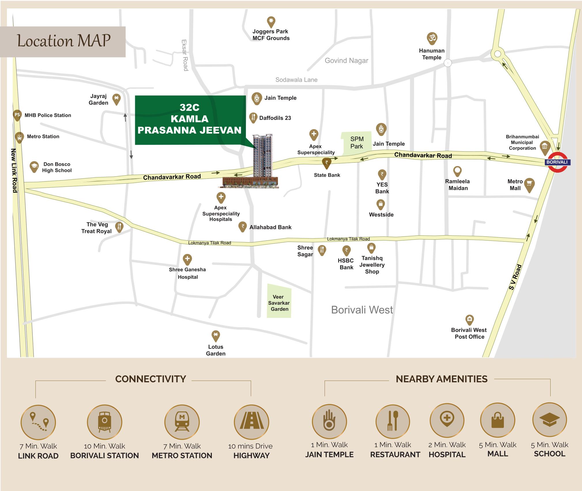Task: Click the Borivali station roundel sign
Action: point(557,162)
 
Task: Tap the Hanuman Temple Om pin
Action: point(432,38)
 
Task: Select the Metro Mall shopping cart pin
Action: point(529,184)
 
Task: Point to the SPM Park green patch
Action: point(356,143)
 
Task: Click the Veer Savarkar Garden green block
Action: point(279,301)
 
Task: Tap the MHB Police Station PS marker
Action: point(17,115)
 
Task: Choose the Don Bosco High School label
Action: point(57,167)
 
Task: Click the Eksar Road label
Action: point(185,55)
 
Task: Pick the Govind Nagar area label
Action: point(346,61)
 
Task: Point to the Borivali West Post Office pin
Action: point(469,319)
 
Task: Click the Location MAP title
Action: point(64,41)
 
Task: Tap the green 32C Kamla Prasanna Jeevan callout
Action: point(189,119)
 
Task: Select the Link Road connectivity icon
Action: point(38,422)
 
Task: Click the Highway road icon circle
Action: point(251,422)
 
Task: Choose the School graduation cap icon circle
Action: point(549,420)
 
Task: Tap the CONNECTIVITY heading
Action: point(150,379)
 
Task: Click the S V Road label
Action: point(515,277)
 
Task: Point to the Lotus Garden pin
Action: point(216,336)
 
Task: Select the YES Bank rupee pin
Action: point(382,174)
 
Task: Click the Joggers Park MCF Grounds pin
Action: point(271,22)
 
